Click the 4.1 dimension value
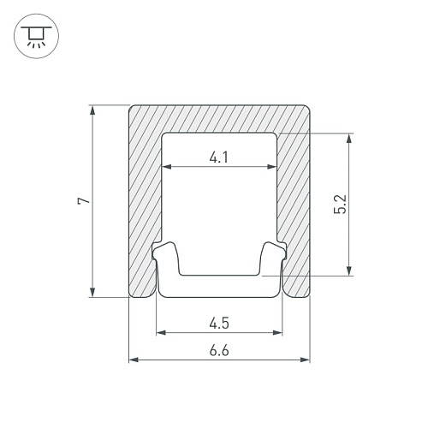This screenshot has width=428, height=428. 219,158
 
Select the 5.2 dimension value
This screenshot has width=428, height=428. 340,204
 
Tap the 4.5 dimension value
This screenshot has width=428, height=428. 219,324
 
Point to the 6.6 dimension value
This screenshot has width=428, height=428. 219,351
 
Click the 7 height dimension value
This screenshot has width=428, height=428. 83,201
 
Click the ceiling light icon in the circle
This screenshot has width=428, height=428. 36,36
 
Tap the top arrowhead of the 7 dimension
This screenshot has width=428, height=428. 92,110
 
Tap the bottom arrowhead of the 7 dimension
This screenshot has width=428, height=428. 92,292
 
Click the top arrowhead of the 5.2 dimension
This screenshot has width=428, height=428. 348,138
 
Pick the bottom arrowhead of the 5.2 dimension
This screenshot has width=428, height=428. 348,270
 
